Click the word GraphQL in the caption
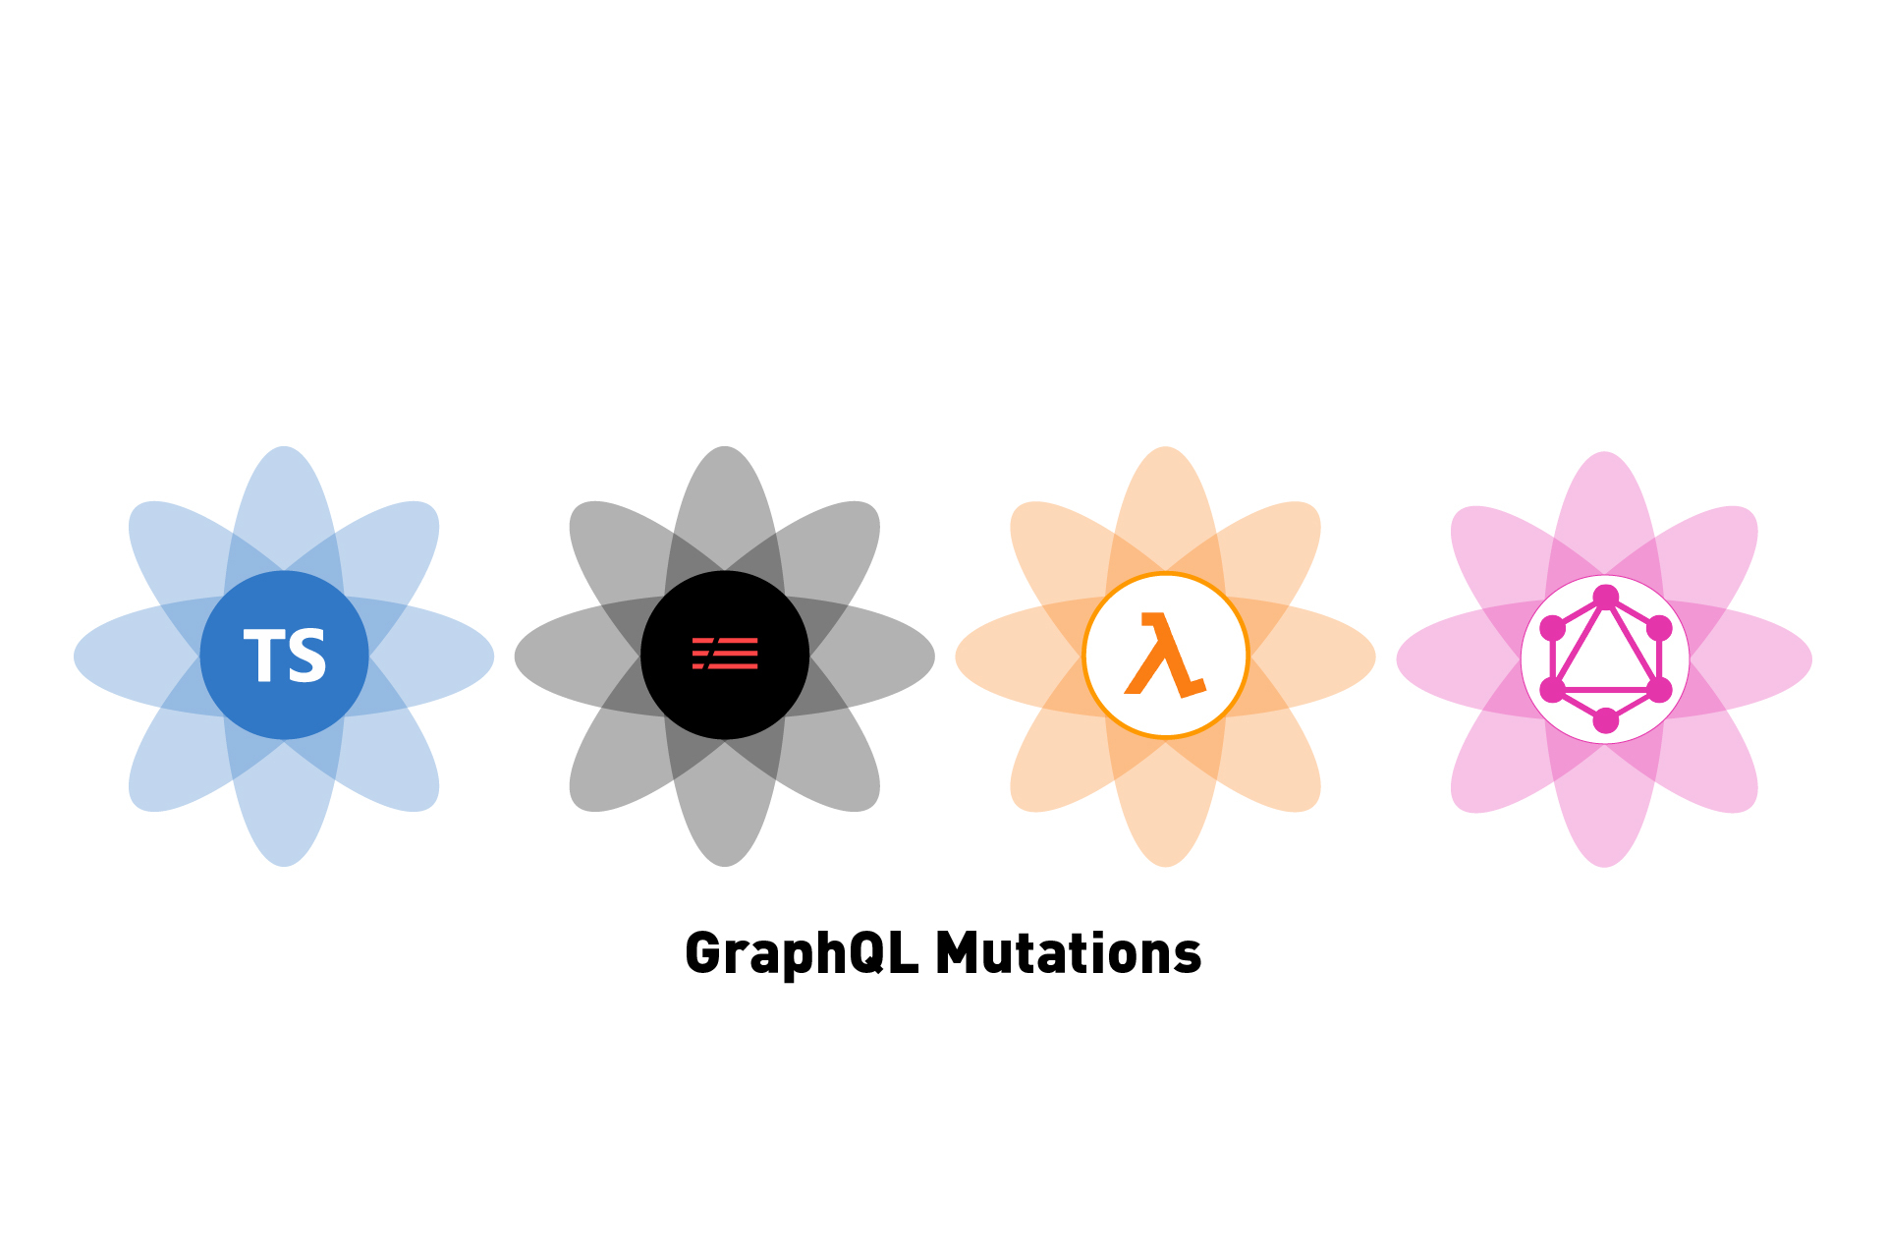click(x=802, y=953)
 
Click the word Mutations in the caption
click(x=1069, y=953)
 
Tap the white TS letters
click(x=285, y=656)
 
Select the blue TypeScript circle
click(x=284, y=656)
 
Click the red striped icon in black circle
click(x=725, y=654)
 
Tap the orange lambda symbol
click(x=1165, y=655)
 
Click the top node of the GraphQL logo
click(x=1606, y=598)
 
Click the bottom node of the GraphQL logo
click(x=1606, y=720)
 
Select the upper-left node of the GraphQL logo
click(x=1553, y=628)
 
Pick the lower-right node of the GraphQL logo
click(x=1659, y=690)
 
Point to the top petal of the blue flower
click(x=284, y=511)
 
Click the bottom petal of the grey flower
click(x=725, y=801)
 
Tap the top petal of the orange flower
click(x=1165, y=511)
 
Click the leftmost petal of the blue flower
click(x=138, y=657)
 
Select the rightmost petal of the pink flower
click(x=1748, y=659)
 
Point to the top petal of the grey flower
click(x=725, y=511)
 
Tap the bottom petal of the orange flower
click(x=1165, y=801)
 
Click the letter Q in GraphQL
click(x=868, y=952)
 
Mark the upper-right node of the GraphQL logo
click(x=1659, y=628)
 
